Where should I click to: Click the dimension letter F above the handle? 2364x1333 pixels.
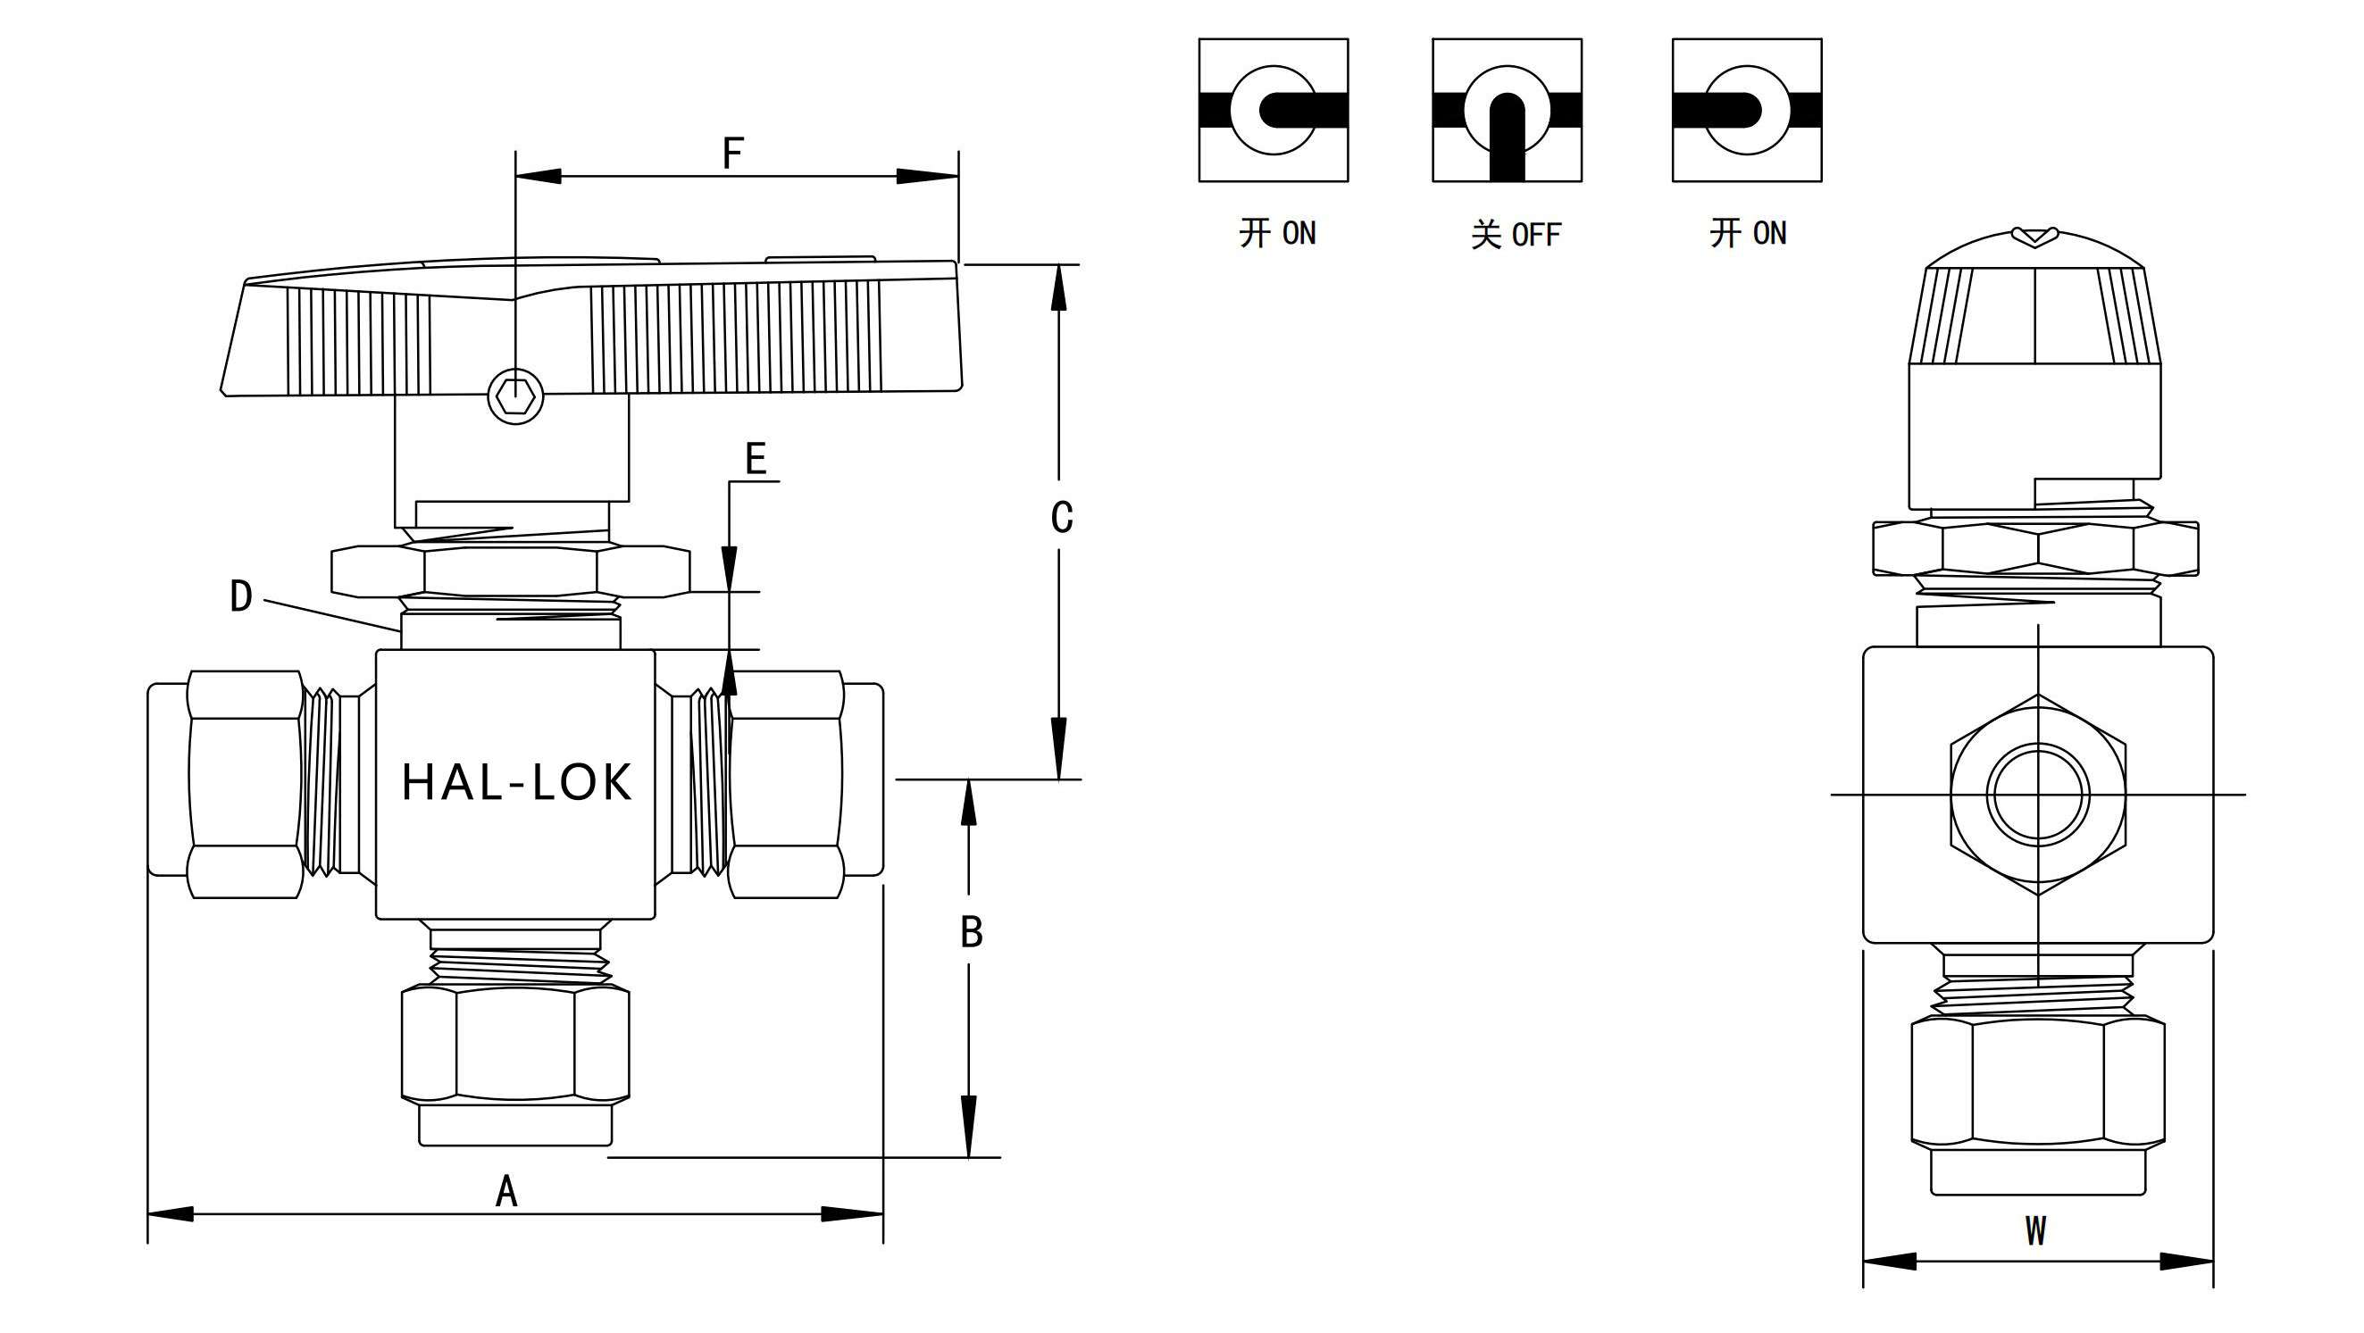coord(732,154)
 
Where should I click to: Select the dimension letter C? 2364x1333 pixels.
coord(1062,518)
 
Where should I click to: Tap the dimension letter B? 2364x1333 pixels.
coord(972,932)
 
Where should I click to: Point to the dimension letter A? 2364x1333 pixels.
coord(506,1192)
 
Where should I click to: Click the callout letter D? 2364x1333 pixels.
coord(240,596)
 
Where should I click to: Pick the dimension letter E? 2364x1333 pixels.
coord(756,459)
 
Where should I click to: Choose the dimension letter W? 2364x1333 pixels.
coord(2035,1231)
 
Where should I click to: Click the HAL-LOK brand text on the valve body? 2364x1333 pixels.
coord(517,782)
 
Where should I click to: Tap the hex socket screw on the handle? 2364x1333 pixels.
coord(514,397)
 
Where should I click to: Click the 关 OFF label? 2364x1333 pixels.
coord(1516,235)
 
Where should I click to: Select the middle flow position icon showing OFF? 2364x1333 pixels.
coord(1507,110)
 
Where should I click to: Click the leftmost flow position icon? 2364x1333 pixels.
coord(1273,110)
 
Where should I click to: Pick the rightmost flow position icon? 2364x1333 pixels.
coord(1746,110)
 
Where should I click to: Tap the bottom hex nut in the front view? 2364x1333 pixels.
coord(514,1043)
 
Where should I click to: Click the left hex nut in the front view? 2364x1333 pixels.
coord(246,785)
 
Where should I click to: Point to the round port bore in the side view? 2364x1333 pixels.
coord(2037,795)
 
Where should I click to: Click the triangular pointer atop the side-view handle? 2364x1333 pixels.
coord(2034,237)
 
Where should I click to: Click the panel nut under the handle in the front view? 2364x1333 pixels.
coord(510,571)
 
